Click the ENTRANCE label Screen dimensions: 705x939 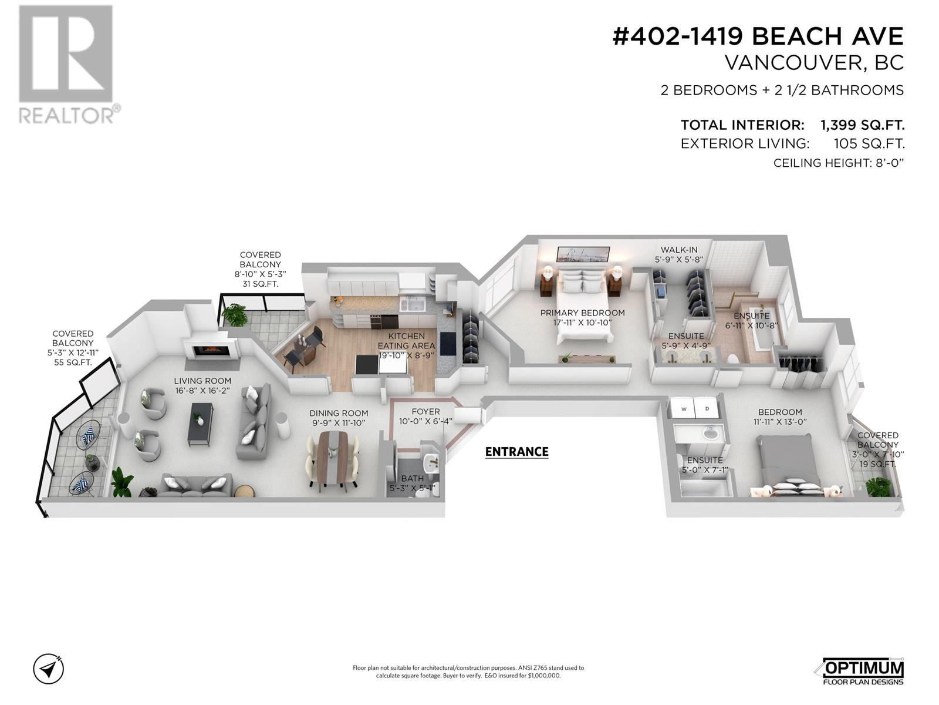(516, 452)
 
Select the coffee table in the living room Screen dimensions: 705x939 (200, 423)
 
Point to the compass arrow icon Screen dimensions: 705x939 (48, 669)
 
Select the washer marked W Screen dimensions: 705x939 (684, 408)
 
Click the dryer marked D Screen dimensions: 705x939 (707, 408)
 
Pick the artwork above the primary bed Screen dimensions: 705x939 (583, 253)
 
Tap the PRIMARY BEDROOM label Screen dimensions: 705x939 (582, 313)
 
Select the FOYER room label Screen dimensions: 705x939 (425, 412)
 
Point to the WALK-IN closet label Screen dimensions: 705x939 (678, 250)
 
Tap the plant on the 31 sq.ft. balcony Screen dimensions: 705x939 (236, 314)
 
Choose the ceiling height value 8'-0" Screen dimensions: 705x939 (888, 163)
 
